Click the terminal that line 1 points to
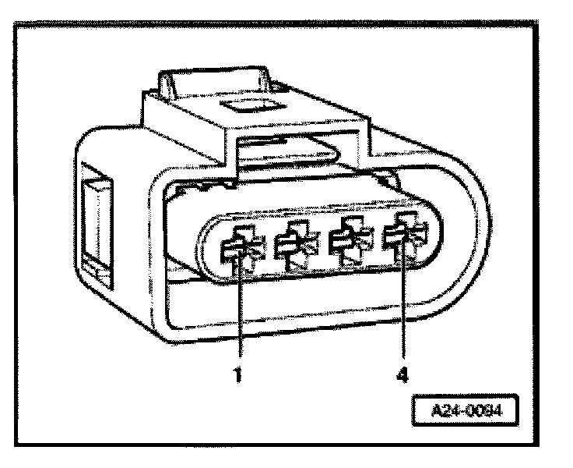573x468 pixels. [x=237, y=249]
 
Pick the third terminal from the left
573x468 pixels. [x=346, y=242]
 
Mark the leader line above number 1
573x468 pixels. [x=238, y=312]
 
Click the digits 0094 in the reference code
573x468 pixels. [x=483, y=409]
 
